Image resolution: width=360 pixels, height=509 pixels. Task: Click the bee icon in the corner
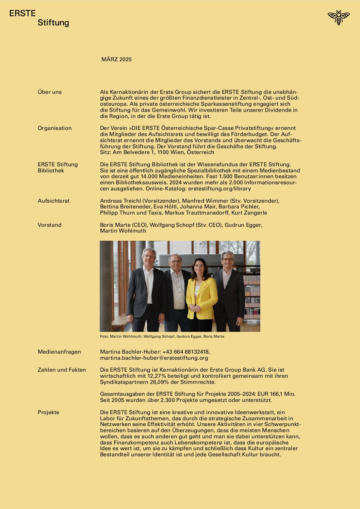pyautogui.click(x=338, y=17)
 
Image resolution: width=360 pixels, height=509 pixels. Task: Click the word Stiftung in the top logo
pyautogui.click(x=53, y=23)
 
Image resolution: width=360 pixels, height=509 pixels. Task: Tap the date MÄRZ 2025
pyautogui.click(x=116, y=60)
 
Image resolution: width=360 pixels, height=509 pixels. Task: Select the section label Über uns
pyautogui.click(x=50, y=92)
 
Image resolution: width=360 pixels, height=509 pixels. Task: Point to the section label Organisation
pyautogui.click(x=55, y=128)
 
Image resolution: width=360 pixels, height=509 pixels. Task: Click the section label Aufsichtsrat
pyautogui.click(x=53, y=201)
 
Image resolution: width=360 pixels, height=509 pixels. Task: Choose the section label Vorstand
pyautogui.click(x=50, y=225)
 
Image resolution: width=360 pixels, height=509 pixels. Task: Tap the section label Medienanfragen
pyautogui.click(x=59, y=352)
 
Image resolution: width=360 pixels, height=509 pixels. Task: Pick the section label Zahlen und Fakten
pyautogui.click(x=62, y=370)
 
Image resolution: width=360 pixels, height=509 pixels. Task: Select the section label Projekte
pyautogui.click(x=48, y=412)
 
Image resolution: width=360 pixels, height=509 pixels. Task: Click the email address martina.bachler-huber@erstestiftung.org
pyautogui.click(x=154, y=358)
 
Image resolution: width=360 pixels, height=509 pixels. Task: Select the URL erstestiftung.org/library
pyautogui.click(x=219, y=189)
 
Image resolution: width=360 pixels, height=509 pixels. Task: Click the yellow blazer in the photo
pyautogui.click(x=202, y=296)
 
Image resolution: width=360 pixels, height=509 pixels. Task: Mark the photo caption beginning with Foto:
pyautogui.click(x=162, y=336)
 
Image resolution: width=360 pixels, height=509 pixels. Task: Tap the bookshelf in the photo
pyautogui.click(x=252, y=296)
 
